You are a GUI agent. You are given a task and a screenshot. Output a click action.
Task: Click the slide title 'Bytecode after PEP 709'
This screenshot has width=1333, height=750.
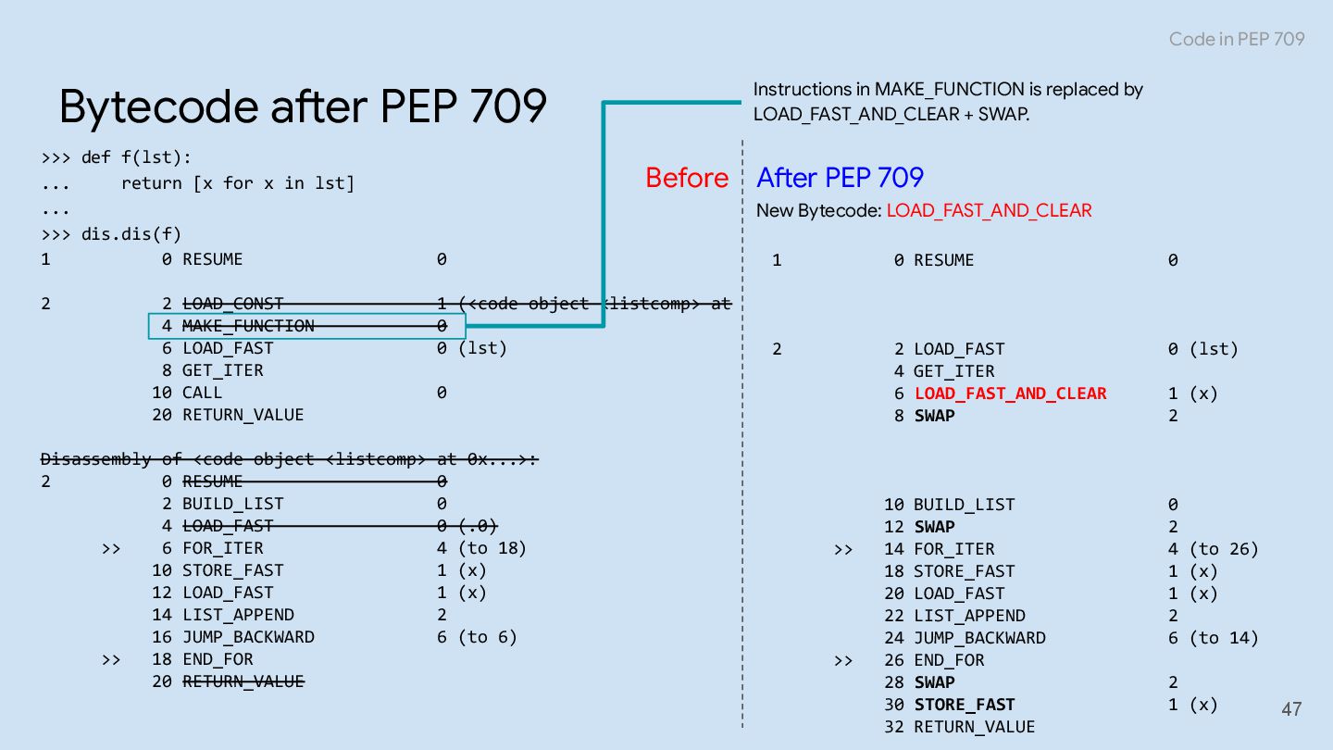tap(303, 106)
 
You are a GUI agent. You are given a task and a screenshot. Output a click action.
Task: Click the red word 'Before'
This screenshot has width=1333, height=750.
tap(687, 178)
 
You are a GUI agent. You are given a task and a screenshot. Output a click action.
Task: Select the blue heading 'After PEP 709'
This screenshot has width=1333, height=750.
tap(840, 178)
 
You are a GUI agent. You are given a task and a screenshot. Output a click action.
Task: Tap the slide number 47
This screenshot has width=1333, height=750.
tap(1291, 709)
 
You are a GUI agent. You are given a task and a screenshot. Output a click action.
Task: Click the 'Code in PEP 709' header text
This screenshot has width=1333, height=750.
tap(1236, 39)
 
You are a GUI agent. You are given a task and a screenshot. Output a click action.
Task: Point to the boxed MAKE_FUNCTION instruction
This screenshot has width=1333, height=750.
tap(248, 326)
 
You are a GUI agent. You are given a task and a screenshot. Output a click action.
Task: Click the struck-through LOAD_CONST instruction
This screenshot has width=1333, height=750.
tap(232, 304)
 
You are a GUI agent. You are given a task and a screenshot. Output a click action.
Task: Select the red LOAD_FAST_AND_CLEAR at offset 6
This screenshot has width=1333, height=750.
tap(1010, 394)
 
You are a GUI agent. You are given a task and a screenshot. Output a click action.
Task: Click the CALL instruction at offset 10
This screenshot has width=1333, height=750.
tap(202, 393)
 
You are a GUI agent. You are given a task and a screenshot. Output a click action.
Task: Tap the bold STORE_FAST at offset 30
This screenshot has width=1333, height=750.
tap(964, 705)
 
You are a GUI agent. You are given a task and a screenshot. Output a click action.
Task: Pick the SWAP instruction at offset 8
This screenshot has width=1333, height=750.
tap(934, 416)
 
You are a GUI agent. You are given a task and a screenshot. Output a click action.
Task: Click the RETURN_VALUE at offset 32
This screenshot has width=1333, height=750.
tap(974, 727)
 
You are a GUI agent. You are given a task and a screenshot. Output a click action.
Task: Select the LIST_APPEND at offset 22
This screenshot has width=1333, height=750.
tap(969, 616)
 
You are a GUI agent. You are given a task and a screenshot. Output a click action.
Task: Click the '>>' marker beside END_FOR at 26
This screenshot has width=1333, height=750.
tap(843, 660)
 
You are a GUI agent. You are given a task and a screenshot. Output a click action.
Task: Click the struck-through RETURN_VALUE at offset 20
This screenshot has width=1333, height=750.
tap(243, 681)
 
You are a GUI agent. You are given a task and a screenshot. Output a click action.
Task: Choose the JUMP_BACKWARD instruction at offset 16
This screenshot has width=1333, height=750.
tap(248, 637)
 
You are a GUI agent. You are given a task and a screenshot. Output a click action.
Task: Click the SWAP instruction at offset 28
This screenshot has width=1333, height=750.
tap(934, 682)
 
